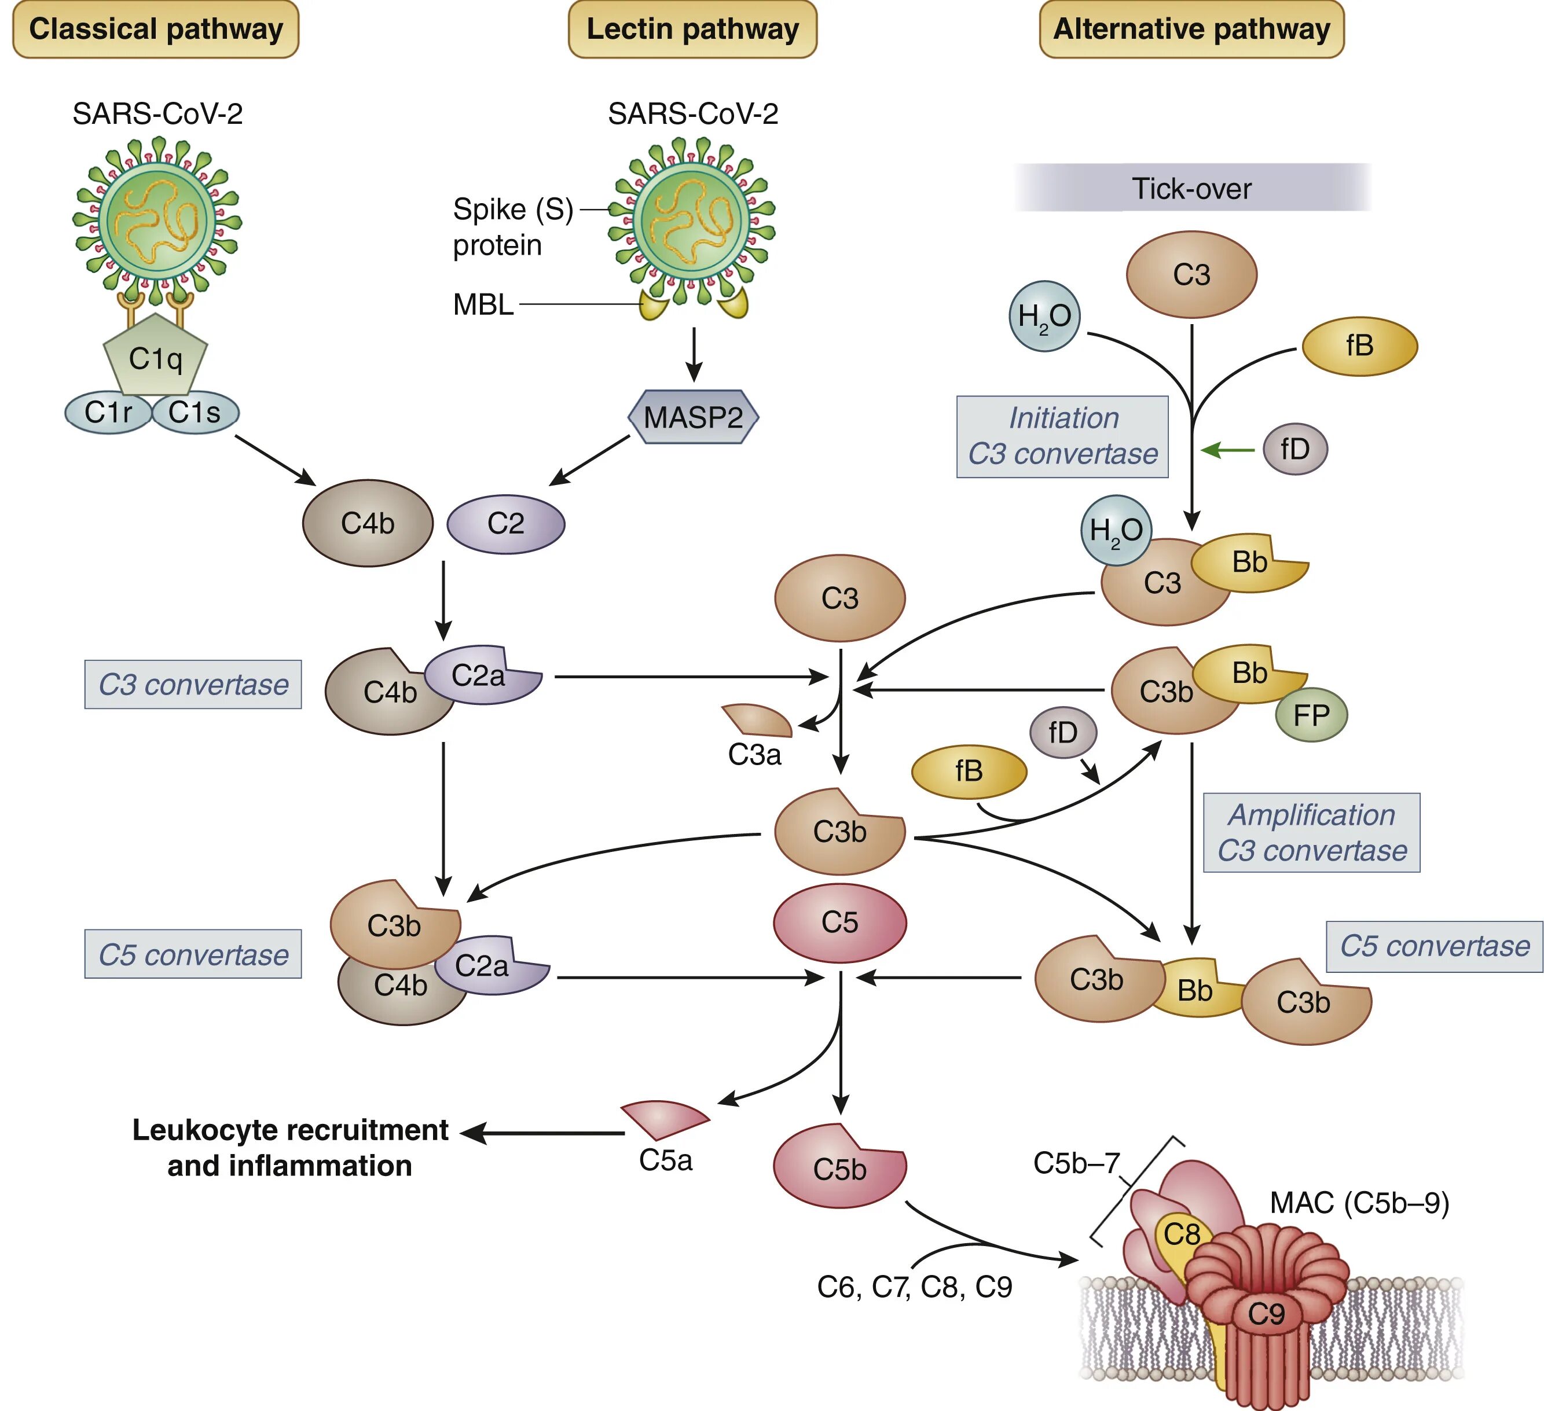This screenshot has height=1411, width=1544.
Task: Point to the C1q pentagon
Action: pos(156,356)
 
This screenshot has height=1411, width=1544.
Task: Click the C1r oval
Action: pos(107,413)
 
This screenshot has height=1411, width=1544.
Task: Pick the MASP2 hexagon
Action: pos(693,417)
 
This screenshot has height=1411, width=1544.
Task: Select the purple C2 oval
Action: pos(505,524)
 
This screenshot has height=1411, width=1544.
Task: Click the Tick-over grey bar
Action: pos(1191,188)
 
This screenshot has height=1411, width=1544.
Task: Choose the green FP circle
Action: pos(1311,715)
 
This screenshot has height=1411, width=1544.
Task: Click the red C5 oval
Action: pos(840,923)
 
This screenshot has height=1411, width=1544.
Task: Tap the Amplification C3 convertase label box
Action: pos(1311,833)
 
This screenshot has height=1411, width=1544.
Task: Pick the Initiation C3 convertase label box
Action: pos(1062,436)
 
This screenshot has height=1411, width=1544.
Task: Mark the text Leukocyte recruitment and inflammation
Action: pos(290,1148)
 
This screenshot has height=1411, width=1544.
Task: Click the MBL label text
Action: pos(483,304)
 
